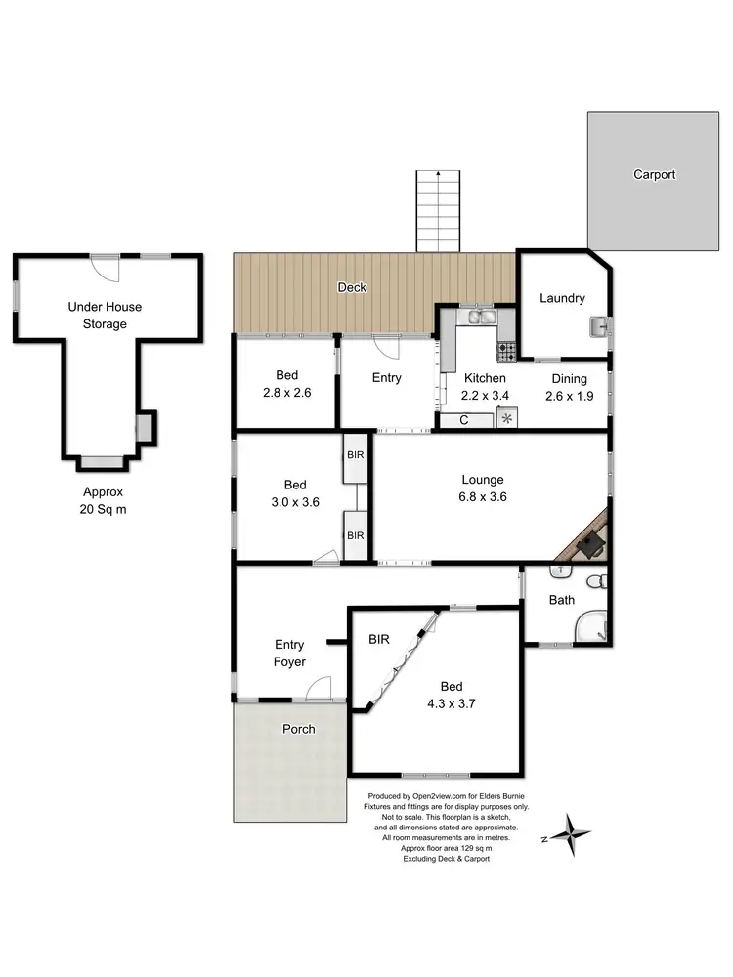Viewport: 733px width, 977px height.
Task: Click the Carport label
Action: pyautogui.click(x=654, y=175)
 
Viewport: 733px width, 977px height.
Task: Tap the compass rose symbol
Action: pyautogui.click(x=568, y=834)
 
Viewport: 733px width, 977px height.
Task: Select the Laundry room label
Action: pyautogui.click(x=562, y=299)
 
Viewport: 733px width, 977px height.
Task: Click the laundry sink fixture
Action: pyautogui.click(x=598, y=325)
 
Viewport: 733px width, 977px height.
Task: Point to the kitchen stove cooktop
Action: pyautogui.click(x=506, y=348)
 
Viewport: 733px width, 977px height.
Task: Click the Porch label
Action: pyautogui.click(x=299, y=729)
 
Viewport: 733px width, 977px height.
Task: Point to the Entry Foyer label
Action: pyautogui.click(x=289, y=654)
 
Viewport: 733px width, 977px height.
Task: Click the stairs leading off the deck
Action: pyautogui.click(x=437, y=209)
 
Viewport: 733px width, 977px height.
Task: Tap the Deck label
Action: pyautogui.click(x=352, y=287)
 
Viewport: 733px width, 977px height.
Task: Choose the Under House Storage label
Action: pyautogui.click(x=105, y=316)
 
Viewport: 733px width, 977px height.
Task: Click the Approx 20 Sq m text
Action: pyautogui.click(x=104, y=501)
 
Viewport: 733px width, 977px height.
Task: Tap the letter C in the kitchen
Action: pyautogui.click(x=463, y=420)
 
